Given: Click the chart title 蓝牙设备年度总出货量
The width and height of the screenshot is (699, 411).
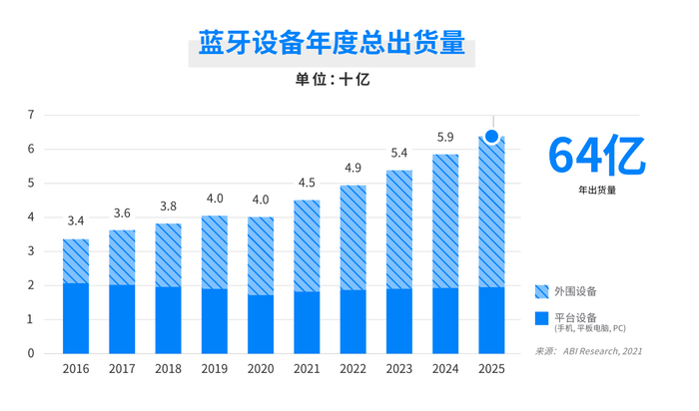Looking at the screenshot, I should click(x=332, y=44).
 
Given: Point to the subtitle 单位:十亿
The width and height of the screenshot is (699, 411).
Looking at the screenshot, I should click(x=332, y=80).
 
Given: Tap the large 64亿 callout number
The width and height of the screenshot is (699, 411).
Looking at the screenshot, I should click(x=596, y=155).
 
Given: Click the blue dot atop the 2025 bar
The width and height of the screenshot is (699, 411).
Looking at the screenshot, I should click(x=491, y=137).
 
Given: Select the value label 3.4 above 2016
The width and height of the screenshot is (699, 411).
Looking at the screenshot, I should click(x=76, y=220).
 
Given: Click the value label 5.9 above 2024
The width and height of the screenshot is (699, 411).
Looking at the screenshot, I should click(x=445, y=137).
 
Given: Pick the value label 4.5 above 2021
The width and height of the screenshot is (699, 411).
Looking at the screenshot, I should click(x=307, y=183).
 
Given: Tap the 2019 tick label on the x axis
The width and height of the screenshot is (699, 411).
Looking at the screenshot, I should click(x=215, y=369).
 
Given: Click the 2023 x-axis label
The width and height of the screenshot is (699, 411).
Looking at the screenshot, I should click(x=399, y=369).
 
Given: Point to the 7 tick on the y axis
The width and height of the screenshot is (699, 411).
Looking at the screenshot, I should click(x=31, y=116).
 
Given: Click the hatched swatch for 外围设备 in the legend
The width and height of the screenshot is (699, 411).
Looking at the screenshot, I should click(x=542, y=291).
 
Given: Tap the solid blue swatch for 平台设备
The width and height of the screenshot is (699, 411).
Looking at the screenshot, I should click(x=542, y=319).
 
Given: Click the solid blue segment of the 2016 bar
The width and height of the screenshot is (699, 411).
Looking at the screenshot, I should click(x=76, y=318).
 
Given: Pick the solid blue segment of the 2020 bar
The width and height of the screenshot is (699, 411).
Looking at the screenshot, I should click(x=261, y=324).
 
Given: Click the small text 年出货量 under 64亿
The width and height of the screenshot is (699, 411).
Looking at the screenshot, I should click(x=596, y=190).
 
